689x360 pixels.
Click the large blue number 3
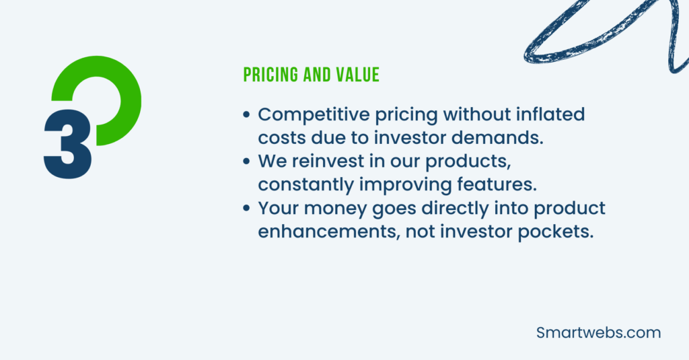coord(67,143)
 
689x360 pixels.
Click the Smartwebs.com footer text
coord(599,332)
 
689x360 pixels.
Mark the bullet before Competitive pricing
coord(248,115)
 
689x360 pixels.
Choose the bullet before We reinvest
coord(248,162)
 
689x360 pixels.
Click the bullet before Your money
coord(248,209)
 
